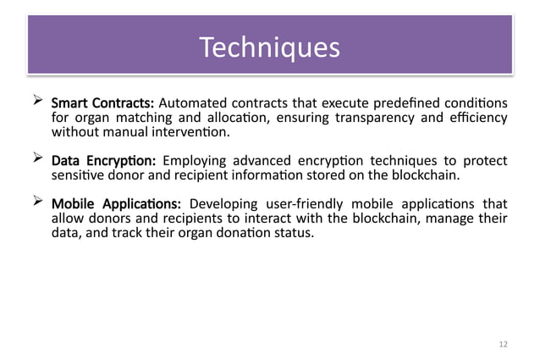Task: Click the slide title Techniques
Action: [269, 47]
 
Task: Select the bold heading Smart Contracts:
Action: [103, 103]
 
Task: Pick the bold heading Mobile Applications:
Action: [118, 204]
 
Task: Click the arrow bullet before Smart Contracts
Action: [36, 102]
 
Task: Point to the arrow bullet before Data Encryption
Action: [36, 159]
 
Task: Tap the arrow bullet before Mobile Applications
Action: [36, 202]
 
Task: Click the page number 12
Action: [504, 344]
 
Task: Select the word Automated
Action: [190, 103]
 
